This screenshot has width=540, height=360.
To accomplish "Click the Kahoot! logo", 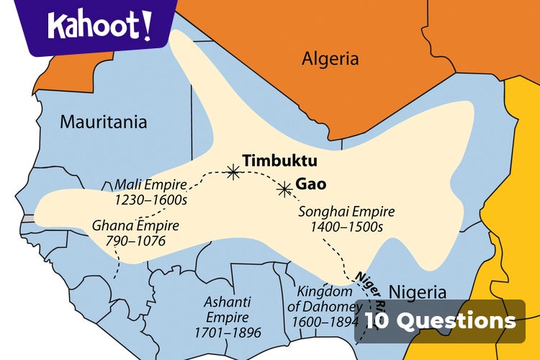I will (x=99, y=26).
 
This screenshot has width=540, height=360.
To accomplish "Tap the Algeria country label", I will (x=330, y=58).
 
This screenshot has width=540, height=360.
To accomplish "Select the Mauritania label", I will (x=103, y=122).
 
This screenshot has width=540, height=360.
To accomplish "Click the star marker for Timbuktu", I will (x=233, y=171).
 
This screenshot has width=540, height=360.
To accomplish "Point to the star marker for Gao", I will (x=284, y=189).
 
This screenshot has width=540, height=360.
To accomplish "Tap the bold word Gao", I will (x=311, y=184).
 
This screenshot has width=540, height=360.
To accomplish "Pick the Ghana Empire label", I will (x=135, y=225).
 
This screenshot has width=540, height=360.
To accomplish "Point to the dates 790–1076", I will (x=135, y=240).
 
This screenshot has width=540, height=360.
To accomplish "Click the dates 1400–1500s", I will (x=346, y=227).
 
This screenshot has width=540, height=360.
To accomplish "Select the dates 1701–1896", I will (x=227, y=333).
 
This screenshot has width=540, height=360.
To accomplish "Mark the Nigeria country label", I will (x=417, y=292).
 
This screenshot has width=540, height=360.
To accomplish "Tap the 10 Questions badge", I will (x=440, y=320).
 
